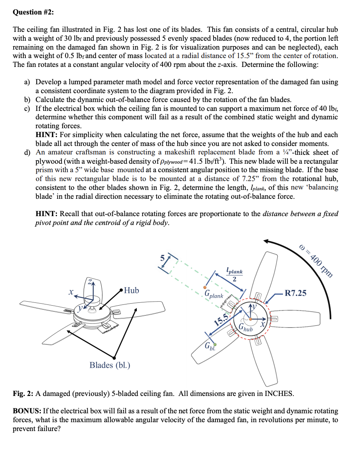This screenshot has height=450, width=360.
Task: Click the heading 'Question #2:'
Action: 33,12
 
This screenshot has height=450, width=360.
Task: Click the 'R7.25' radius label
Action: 295,293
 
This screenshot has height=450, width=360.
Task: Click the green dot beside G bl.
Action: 215,344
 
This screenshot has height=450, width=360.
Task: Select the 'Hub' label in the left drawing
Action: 132,290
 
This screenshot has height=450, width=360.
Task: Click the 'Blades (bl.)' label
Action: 110,365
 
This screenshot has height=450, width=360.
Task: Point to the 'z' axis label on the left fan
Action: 91,281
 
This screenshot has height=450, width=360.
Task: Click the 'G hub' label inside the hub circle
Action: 246,328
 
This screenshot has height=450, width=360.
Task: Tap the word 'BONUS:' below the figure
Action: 27,411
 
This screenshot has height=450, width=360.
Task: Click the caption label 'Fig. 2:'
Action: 24,393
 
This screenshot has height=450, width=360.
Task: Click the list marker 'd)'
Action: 28,152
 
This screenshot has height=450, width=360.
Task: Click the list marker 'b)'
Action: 28,100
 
